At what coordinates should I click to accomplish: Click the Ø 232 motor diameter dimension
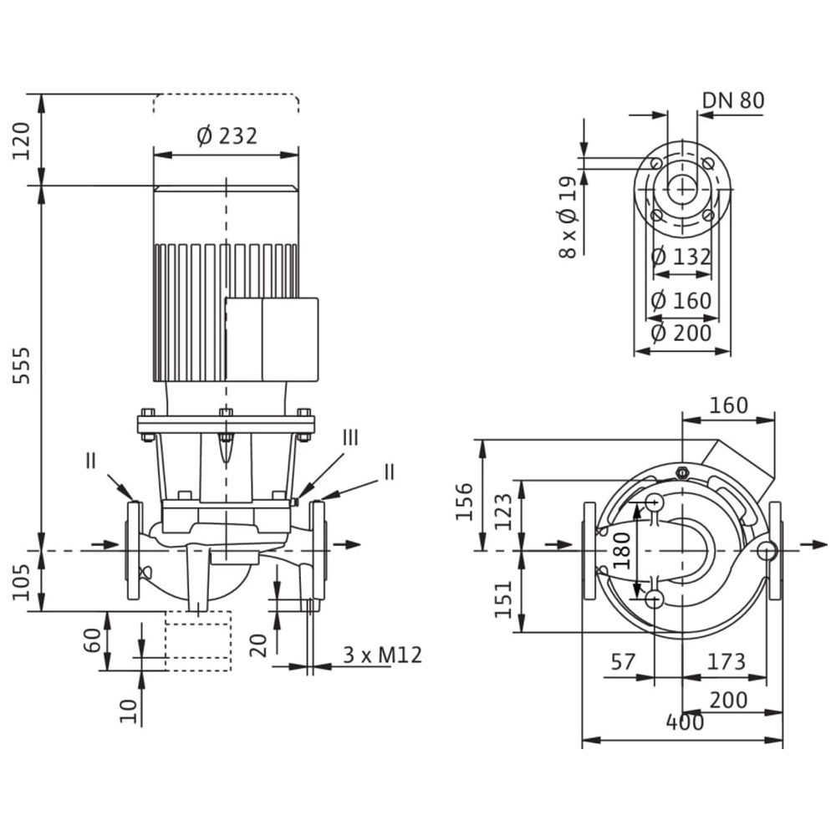(227, 136)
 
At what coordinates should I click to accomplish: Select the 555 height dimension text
(25, 364)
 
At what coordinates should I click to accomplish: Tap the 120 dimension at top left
(25, 140)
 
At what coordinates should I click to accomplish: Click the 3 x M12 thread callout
(382, 655)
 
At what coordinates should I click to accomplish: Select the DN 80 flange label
(732, 101)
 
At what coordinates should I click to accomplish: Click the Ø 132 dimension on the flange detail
(681, 257)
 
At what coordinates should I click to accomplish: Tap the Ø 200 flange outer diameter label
(681, 333)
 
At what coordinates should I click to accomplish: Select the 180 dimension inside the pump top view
(623, 549)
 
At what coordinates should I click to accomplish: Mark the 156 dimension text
(465, 501)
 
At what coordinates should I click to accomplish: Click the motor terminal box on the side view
(272, 339)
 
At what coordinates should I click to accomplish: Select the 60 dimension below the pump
(94, 640)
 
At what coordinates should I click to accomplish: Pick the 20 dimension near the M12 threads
(259, 643)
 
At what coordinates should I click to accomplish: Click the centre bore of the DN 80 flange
(682, 187)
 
